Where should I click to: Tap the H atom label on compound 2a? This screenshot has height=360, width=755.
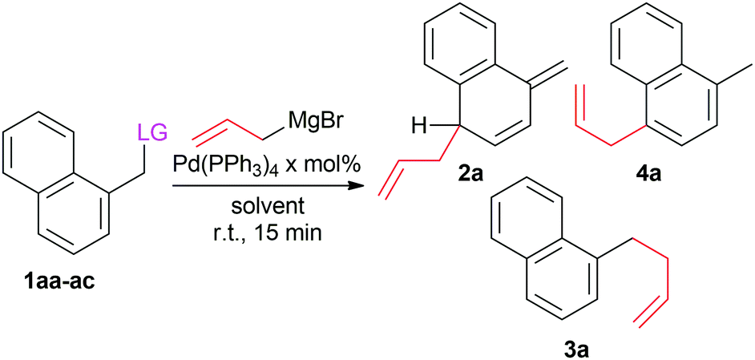[x=415, y=127]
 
